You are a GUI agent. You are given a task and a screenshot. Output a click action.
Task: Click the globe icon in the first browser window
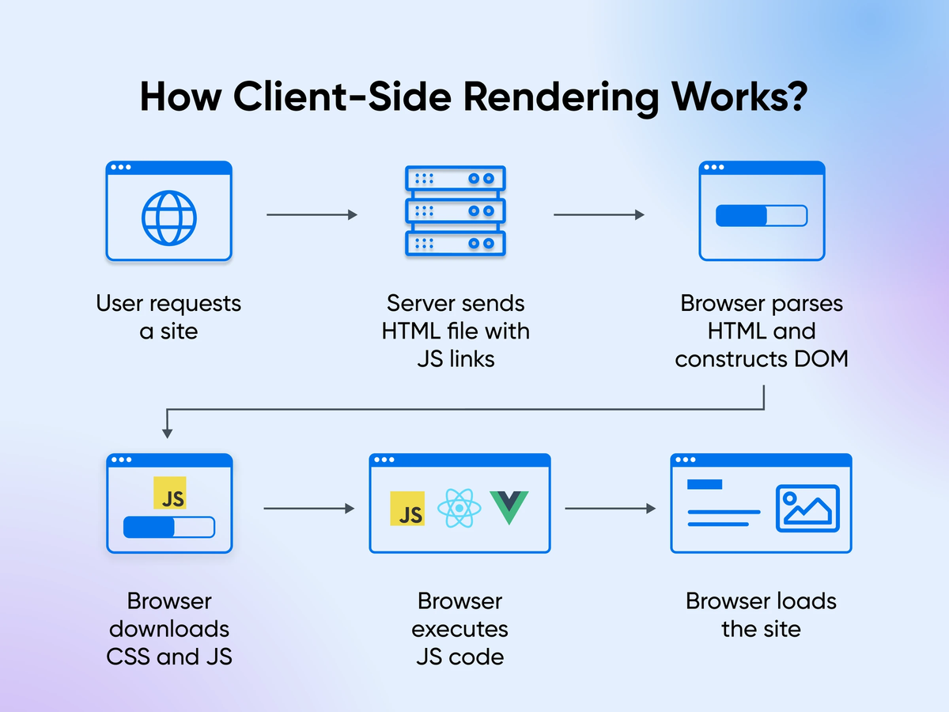[x=168, y=217]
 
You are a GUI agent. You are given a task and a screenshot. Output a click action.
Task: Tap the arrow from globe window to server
[x=312, y=214]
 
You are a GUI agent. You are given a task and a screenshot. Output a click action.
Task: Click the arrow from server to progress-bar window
[x=599, y=214]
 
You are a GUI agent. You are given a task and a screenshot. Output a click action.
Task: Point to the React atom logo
[x=457, y=508]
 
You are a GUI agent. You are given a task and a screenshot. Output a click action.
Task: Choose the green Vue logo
[x=509, y=507]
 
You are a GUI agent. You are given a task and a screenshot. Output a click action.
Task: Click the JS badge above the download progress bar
[x=170, y=493]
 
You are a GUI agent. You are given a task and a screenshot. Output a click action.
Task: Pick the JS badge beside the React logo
[x=407, y=509]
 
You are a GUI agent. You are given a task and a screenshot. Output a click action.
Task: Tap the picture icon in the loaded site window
[x=807, y=508]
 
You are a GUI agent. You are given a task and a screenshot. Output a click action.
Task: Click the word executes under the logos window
[x=460, y=629]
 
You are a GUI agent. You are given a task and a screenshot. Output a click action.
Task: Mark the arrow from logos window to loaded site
[x=611, y=508]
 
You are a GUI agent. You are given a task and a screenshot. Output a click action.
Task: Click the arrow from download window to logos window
[x=308, y=508]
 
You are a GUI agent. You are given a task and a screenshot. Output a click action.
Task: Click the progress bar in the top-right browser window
[x=761, y=216]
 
